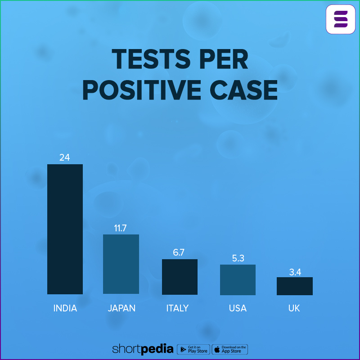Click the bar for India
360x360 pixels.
[65, 229]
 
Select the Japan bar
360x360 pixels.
[121, 264]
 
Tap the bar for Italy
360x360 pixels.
[180, 277]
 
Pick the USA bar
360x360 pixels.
[238, 279]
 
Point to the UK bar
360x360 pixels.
[294, 286]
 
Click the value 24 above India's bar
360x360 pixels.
[64, 157]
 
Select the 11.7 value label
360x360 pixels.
[120, 228]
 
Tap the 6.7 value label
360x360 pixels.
[179, 252]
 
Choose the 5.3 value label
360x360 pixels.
[237, 258]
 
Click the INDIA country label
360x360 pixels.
[65, 308]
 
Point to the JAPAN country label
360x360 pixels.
[121, 308]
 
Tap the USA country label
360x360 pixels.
[238, 308]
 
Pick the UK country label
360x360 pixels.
[294, 308]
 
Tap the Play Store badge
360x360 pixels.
[193, 349]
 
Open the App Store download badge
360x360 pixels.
[230, 349]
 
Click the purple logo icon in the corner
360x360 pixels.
[341, 19]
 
